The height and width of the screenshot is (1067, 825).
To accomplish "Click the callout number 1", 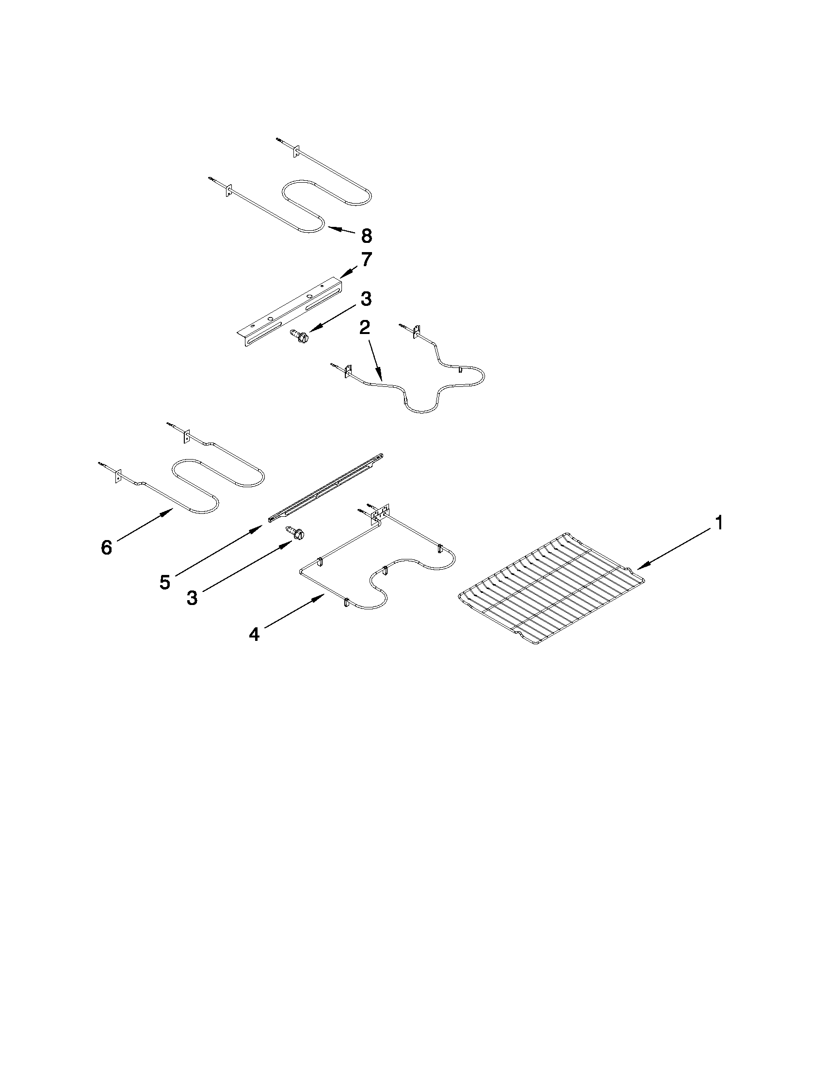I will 718,523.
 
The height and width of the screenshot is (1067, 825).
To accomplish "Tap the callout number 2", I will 364,328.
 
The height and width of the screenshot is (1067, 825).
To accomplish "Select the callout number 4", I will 254,634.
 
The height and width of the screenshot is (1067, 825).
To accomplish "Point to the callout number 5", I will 165,582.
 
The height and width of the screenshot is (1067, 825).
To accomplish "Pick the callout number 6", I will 106,547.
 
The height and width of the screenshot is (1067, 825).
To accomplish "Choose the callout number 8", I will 367,236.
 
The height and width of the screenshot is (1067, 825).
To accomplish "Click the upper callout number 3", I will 366,299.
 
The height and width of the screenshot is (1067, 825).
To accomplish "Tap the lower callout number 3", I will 192,597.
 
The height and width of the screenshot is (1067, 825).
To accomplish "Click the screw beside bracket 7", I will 298,336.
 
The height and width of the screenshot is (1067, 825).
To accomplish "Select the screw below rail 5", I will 295,532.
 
